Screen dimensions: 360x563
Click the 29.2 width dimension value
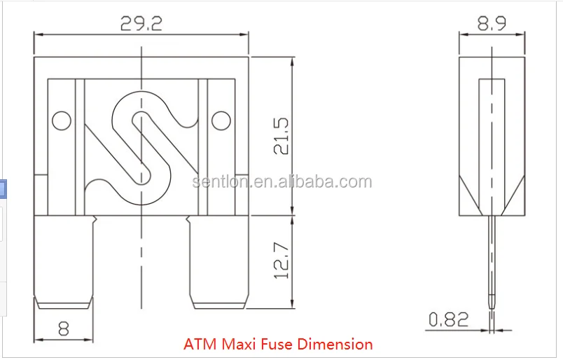point(141,24)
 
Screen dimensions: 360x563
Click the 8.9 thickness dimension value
point(492,24)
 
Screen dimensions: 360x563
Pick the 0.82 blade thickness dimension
point(448,319)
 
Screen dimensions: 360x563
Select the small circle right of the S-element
point(221,120)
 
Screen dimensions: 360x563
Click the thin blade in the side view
point(493,266)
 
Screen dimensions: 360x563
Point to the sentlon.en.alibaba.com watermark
point(282,183)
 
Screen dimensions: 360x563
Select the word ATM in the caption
point(200,345)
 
